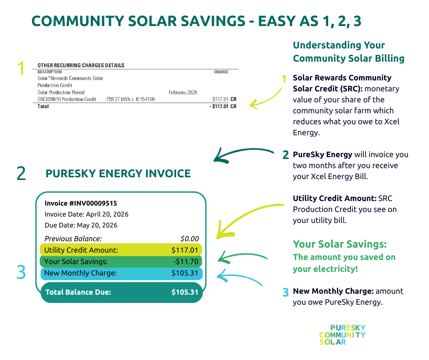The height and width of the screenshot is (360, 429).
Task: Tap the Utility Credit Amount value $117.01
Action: (185, 250)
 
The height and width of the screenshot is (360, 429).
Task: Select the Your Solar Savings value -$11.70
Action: (186, 262)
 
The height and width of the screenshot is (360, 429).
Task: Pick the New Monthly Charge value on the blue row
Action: (185, 273)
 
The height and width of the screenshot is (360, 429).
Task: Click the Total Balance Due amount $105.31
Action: (185, 292)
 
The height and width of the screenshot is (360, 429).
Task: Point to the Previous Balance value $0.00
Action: (189, 238)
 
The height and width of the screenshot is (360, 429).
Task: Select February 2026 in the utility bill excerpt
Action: (183, 92)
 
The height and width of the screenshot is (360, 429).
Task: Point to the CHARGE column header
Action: (221, 72)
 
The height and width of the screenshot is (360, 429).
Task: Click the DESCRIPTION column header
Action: (50, 72)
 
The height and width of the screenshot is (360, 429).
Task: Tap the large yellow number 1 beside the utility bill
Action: (21, 68)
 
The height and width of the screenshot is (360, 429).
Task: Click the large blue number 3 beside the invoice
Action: (21, 272)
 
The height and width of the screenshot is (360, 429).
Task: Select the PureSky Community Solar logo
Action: (342, 335)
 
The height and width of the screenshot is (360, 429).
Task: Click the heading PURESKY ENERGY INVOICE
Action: (118, 174)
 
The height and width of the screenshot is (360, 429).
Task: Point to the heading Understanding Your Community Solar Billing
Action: (349, 52)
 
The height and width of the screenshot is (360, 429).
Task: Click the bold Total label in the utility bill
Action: (43, 106)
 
